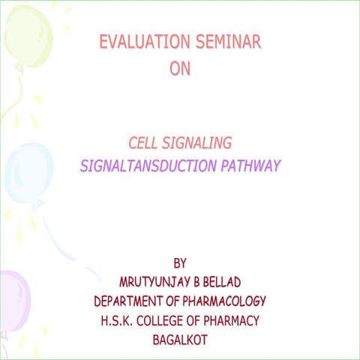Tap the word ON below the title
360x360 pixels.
(x=180, y=69)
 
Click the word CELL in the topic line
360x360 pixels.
(x=144, y=142)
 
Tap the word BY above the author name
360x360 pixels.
(x=179, y=263)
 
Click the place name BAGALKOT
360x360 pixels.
(x=180, y=340)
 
